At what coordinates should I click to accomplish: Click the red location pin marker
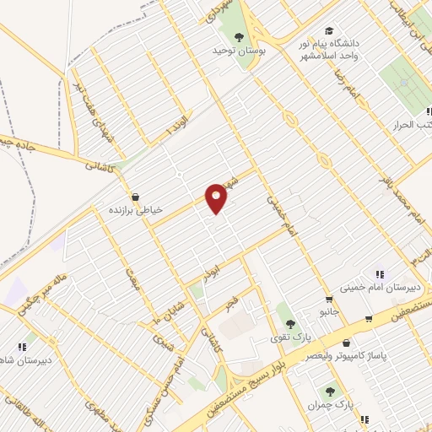tap(218, 197)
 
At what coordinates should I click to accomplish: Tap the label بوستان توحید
tap(239, 51)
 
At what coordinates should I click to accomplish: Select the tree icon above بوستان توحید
tap(239, 36)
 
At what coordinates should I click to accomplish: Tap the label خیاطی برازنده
tap(135, 208)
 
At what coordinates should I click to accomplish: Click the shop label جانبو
tap(327, 312)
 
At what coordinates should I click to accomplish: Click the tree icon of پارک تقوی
tap(289, 323)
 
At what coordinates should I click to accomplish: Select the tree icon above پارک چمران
tap(329, 391)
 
